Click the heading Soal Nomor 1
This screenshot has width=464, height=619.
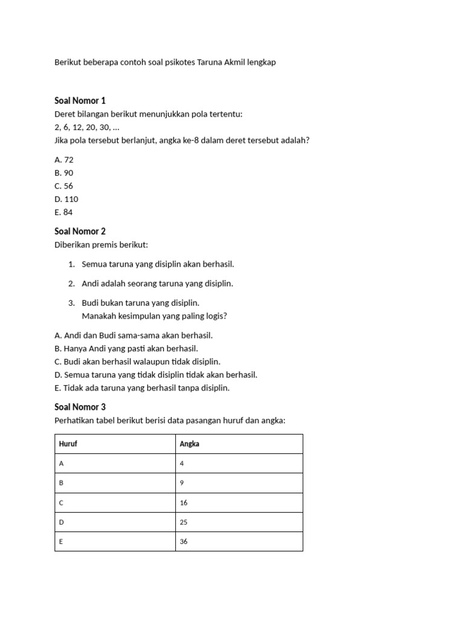(80, 100)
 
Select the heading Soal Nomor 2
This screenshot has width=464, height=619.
(80, 231)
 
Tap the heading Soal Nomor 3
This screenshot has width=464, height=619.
(80, 407)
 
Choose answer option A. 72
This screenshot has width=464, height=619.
(63, 160)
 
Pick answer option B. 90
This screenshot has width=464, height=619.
(63, 173)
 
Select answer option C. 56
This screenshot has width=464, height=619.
(63, 186)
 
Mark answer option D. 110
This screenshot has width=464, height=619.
(66, 199)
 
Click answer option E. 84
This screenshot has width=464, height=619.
(63, 212)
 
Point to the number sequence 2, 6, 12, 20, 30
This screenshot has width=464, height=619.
(86, 127)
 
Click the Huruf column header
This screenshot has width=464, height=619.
(68, 444)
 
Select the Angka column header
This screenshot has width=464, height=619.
(190, 444)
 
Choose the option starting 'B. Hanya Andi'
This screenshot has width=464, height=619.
(126, 348)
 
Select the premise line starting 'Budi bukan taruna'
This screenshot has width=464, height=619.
(140, 302)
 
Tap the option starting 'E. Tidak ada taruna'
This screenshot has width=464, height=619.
(142, 387)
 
